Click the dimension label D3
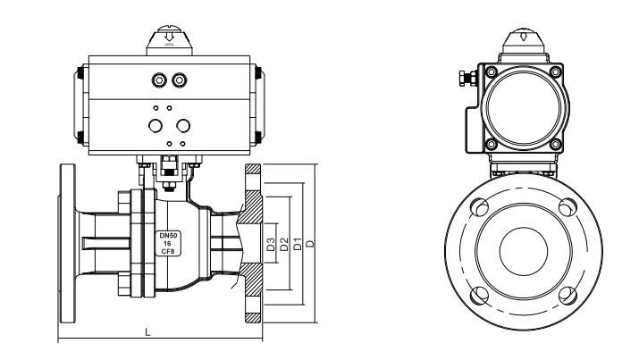click(x=270, y=243)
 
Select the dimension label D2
click(x=283, y=243)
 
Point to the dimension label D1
click(x=297, y=243)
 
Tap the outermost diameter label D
click(x=310, y=243)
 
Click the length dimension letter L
click(x=147, y=331)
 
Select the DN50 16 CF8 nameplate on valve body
click(x=167, y=243)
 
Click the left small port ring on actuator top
click(x=160, y=80)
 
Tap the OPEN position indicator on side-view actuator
click(x=168, y=38)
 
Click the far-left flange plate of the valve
click(x=67, y=243)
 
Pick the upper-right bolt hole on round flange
click(x=564, y=209)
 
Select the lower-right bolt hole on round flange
click(x=564, y=293)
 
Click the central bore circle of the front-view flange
click(x=522, y=251)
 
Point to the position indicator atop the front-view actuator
click(x=522, y=38)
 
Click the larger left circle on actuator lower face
click(x=156, y=125)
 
